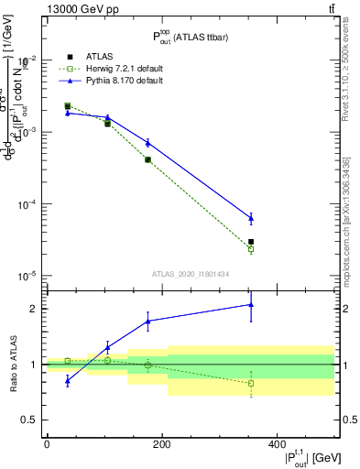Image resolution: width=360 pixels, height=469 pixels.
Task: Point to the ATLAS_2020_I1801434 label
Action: click(190, 273)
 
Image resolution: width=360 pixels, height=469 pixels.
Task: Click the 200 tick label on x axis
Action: click(162, 445)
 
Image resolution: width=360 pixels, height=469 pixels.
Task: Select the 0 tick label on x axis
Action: click(47, 445)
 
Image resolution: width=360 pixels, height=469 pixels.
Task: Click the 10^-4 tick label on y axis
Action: click(27, 204)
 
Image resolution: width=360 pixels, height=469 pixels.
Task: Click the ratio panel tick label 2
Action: click(32, 309)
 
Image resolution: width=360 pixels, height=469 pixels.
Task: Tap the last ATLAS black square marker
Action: click(251, 242)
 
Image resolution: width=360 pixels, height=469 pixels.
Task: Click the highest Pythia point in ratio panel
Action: click(251, 305)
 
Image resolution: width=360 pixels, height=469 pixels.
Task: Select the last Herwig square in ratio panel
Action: click(251, 383)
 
